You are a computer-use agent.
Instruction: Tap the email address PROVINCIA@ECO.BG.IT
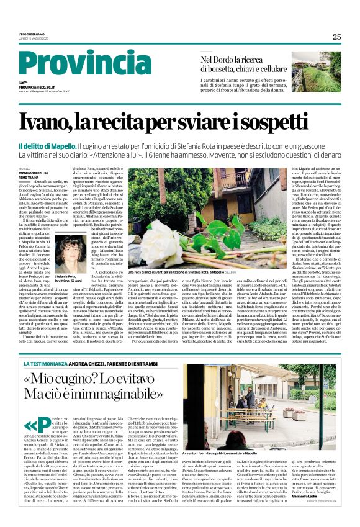tap(37, 88)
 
